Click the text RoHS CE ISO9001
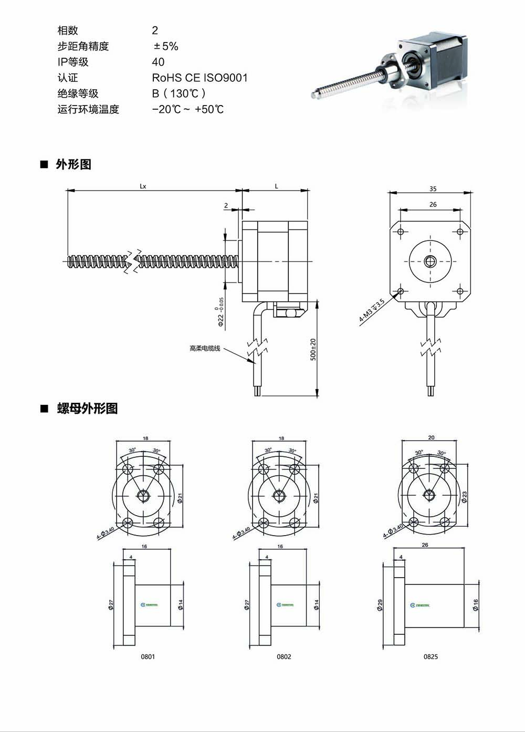tap(199, 78)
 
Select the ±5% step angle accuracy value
tap(165, 46)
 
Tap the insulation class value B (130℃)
tap(178, 93)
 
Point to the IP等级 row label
tap(73, 62)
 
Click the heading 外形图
tap(73, 164)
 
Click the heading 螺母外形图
tap(87, 408)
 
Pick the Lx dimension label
tap(143, 186)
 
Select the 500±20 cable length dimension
tap(313, 349)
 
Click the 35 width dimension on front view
tap(433, 189)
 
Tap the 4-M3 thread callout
tap(372, 310)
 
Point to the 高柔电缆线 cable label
tap(205, 348)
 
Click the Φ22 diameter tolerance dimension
tap(220, 312)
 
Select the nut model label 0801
tap(148, 656)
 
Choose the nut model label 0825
tap(430, 656)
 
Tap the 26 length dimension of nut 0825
tap(425, 545)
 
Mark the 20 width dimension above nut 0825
tap(431, 437)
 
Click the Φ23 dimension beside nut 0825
tap(465, 497)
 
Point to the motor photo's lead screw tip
tap(313, 95)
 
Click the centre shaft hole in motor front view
tap(430, 261)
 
